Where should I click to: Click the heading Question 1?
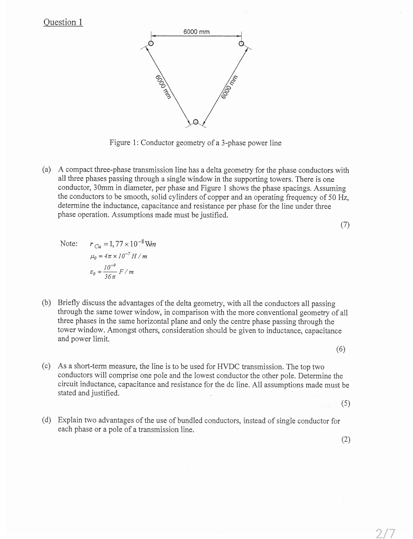pyautogui.click(x=63, y=22)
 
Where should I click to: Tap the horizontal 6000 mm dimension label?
pyautogui.click(x=196, y=32)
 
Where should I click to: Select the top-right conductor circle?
pyautogui.click(x=241, y=44)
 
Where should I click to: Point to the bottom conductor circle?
pyautogui.click(x=196, y=122)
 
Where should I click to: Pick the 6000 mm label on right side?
pyautogui.click(x=230, y=87)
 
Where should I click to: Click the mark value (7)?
pyautogui.click(x=345, y=225)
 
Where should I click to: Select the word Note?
pyautogui.click(x=69, y=244)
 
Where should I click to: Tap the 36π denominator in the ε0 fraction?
pyautogui.click(x=110, y=276)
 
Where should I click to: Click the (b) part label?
pyautogui.click(x=47, y=303)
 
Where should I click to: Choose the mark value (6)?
pyautogui.click(x=340, y=349)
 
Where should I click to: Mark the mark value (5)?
pyautogui.click(x=345, y=404)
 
